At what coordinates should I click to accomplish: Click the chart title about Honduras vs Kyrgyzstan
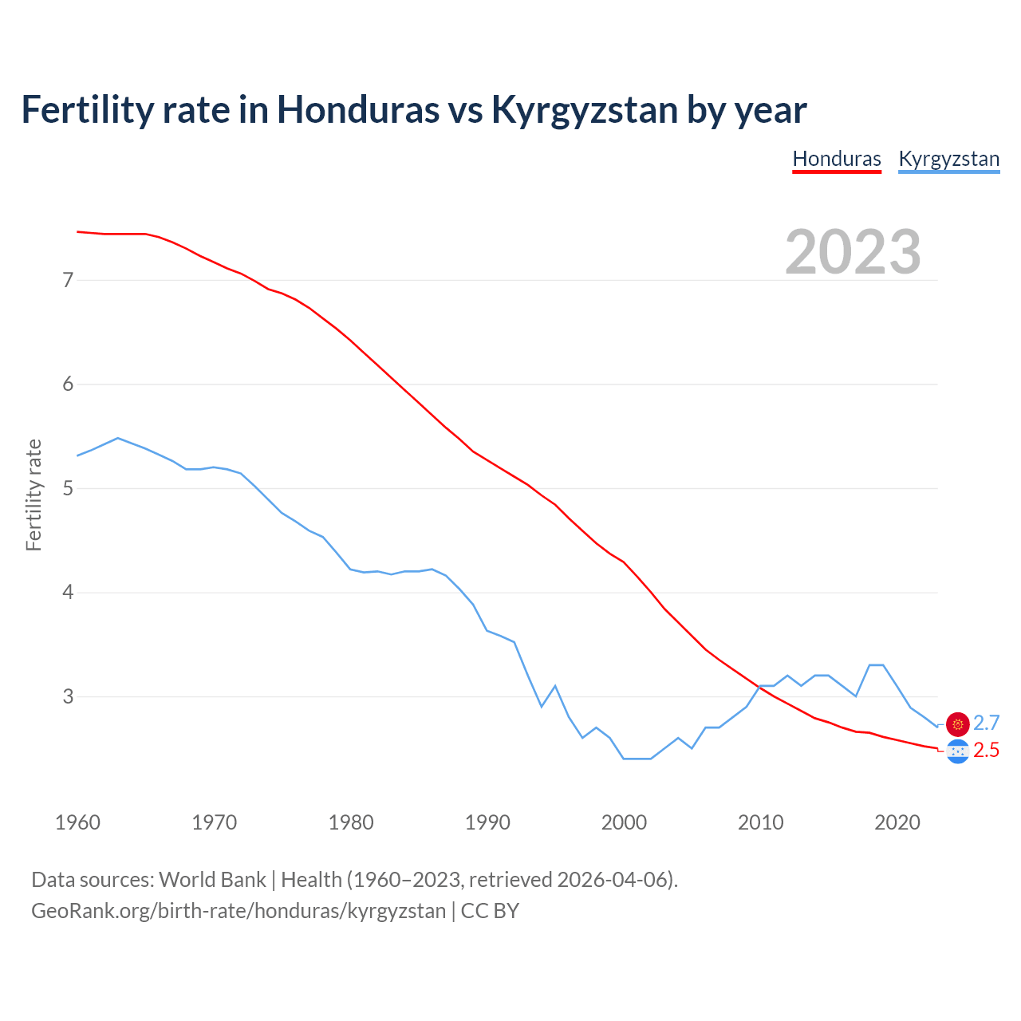coord(413,109)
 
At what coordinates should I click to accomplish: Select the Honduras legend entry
coord(837,159)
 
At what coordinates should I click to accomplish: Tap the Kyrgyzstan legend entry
coord(948,159)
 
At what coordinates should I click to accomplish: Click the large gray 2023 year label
coord(853,252)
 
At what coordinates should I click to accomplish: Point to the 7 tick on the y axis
coord(68,280)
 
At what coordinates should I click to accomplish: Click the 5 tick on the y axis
coord(68,488)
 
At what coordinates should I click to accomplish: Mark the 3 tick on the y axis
coord(68,696)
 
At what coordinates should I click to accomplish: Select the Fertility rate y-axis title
coord(34,495)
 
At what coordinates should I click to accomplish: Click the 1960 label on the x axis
coord(77,822)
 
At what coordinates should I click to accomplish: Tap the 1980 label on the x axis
coord(351,822)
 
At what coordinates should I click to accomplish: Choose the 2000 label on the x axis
coord(624,822)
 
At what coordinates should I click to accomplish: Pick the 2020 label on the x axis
coord(897,822)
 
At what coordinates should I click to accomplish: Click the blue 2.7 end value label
coord(987,723)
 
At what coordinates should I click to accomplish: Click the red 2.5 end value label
coord(987,751)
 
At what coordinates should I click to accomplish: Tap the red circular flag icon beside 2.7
coord(958,724)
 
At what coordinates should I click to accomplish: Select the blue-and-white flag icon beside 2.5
coord(958,751)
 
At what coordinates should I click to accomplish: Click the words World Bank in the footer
coord(212,880)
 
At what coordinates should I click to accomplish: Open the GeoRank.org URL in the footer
coord(238,911)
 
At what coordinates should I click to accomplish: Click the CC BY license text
coord(490,911)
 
